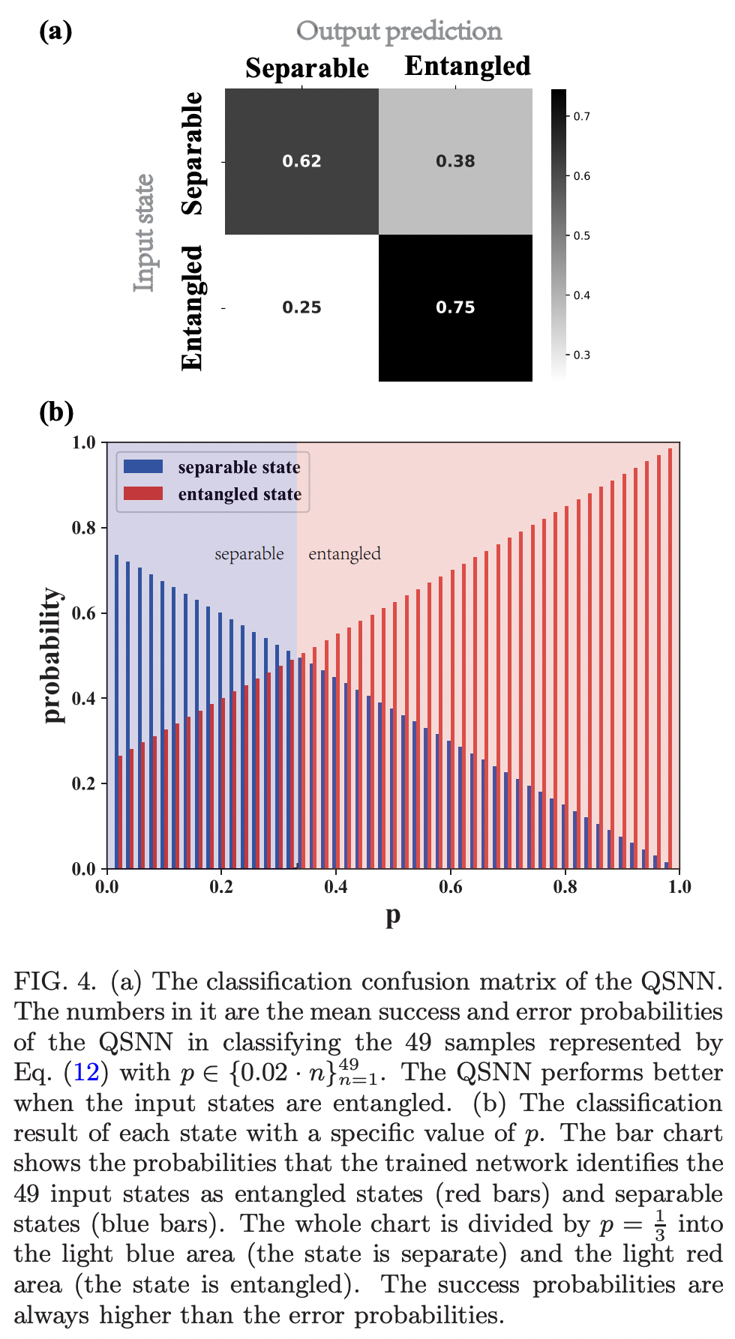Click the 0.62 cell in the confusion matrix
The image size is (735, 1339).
(x=301, y=161)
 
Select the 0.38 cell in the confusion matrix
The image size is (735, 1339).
(x=455, y=161)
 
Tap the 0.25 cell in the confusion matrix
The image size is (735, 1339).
(x=301, y=307)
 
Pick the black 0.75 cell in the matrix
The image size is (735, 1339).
(x=455, y=307)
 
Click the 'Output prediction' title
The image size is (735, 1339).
(x=399, y=31)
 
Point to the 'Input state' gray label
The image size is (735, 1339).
(x=143, y=232)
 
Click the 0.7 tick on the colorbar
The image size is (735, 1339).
(x=581, y=116)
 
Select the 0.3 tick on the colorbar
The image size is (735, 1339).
(x=581, y=355)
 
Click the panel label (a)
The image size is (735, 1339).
(x=55, y=31)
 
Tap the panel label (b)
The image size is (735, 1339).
(x=56, y=412)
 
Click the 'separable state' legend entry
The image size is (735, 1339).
(x=238, y=467)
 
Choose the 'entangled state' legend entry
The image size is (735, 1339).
(x=239, y=494)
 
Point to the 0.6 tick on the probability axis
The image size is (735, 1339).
(x=84, y=613)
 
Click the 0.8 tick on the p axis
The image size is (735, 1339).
(x=565, y=887)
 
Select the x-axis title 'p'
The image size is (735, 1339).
(x=393, y=916)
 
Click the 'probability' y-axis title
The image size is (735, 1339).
(x=52, y=655)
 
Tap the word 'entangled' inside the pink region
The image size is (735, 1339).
(x=344, y=553)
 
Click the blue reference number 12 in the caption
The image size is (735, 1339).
(x=86, y=1073)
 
